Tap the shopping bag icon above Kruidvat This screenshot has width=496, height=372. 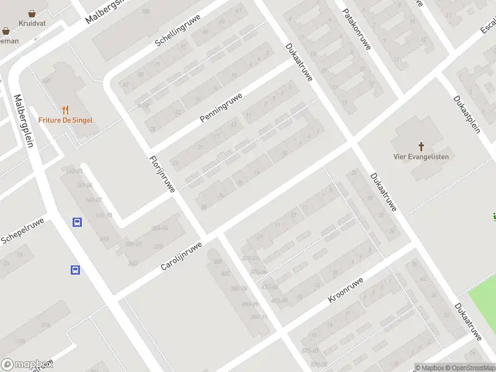click(x=33, y=12)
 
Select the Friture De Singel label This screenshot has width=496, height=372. click(x=65, y=120)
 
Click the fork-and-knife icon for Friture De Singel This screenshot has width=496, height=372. click(x=65, y=108)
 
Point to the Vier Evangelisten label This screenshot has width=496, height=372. click(x=421, y=156)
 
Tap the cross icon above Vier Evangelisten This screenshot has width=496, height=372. click(x=421, y=146)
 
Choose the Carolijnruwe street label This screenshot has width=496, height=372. click(x=181, y=255)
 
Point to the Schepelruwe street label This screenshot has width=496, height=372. click(x=22, y=231)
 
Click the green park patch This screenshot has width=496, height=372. click(x=483, y=304)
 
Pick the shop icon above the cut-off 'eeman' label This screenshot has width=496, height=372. click(x=6, y=30)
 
